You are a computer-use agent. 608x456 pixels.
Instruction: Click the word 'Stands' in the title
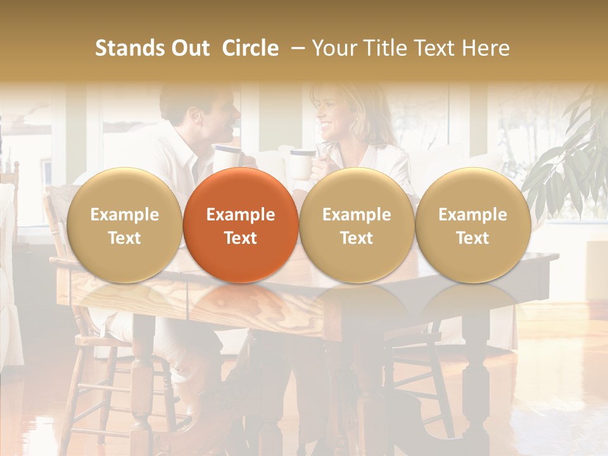[x=129, y=48]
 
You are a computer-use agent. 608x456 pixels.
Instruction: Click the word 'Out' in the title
[x=189, y=48]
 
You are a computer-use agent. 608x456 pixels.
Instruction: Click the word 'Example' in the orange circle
[x=240, y=215]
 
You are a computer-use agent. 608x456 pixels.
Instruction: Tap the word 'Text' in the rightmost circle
[x=472, y=238]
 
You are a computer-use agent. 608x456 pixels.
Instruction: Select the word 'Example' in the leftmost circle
[x=124, y=215]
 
